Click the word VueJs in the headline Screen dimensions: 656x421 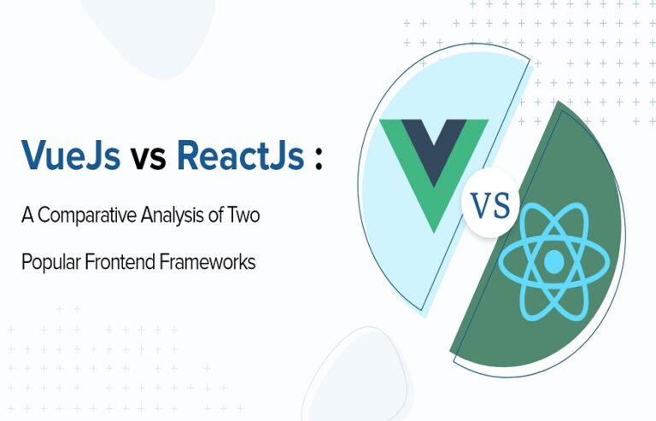coord(71,155)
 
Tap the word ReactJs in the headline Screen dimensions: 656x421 coord(241,155)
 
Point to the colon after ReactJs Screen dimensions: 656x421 coord(319,158)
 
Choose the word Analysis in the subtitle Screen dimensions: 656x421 coord(172,216)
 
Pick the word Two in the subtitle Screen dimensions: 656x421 coord(243,215)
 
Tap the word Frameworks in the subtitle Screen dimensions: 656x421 coord(208,261)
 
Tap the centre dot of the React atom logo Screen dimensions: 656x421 coord(554,261)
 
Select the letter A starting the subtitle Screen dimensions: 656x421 coord(27,215)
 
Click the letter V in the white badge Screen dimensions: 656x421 coord(481,205)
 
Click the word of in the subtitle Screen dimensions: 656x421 coord(215,215)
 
